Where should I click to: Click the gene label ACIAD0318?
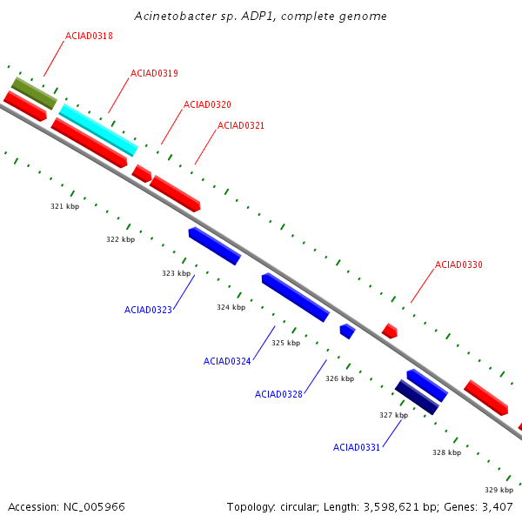point(89,36)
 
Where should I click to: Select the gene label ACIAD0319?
point(154,73)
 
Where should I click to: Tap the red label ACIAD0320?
point(207,104)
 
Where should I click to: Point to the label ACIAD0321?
point(241,125)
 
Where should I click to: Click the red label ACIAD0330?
point(458,264)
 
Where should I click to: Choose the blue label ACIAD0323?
point(148,310)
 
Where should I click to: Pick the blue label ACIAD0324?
point(227,361)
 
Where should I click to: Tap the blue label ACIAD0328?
point(278,394)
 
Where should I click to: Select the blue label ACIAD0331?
point(357,447)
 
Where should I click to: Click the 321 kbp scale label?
point(65,206)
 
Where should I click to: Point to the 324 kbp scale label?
point(231,307)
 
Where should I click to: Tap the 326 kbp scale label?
point(340,378)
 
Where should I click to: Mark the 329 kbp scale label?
point(499,490)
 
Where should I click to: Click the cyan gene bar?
point(98,130)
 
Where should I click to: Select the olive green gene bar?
point(34,93)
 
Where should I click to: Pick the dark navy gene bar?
point(417,398)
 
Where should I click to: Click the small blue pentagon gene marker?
point(347,331)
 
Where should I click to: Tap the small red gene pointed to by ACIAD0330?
point(390,331)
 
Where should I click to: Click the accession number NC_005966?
point(94,507)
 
